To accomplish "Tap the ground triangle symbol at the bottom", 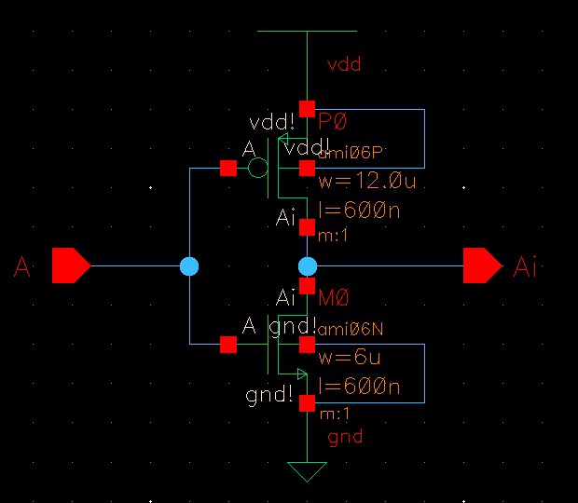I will coord(307,470).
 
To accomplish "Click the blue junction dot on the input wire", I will coord(189,266).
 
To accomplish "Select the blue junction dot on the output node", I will coord(308,266).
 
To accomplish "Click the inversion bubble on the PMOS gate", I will coord(258,168).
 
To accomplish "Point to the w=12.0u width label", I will coord(366,182).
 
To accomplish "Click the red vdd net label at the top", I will coord(343,65).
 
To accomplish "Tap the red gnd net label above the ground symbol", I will coord(345,436).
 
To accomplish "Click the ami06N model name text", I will coord(351,330).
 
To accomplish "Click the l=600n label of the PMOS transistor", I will coord(359,211).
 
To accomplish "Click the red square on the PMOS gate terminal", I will coord(227,168).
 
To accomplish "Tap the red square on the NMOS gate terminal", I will coord(227,344).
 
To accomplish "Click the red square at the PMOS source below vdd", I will coord(307,109).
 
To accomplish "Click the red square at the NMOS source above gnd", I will coord(307,402).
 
